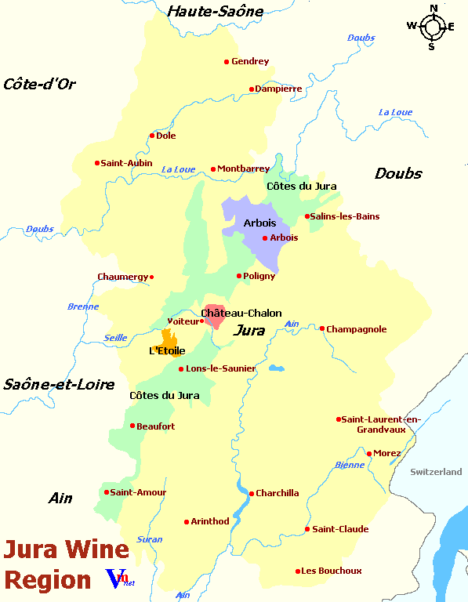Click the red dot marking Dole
(x=152, y=136)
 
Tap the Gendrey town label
(x=250, y=62)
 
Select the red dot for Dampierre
(x=252, y=89)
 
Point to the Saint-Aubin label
(x=126, y=163)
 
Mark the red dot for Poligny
(x=239, y=276)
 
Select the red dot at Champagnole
(x=322, y=328)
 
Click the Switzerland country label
(x=437, y=472)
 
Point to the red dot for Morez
(x=369, y=453)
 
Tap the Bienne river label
(x=350, y=465)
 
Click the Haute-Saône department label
(x=216, y=10)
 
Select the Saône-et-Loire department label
(x=59, y=384)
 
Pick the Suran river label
(x=150, y=539)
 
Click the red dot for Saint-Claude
(x=307, y=529)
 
